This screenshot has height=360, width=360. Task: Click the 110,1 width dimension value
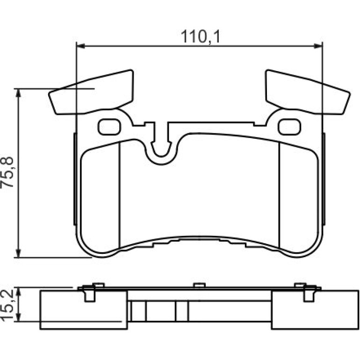pyautogui.click(x=200, y=37)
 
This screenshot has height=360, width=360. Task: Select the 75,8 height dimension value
pyautogui.click(x=7, y=172)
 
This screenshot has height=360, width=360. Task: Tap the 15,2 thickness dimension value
pyautogui.click(x=7, y=305)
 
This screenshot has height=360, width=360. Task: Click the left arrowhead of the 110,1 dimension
pyautogui.click(x=80, y=46)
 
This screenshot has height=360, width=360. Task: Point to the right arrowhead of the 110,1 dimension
pyautogui.click(x=318, y=46)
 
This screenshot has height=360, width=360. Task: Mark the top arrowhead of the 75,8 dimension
pyautogui.click(x=18, y=93)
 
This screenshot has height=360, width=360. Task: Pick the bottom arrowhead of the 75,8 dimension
pyautogui.click(x=18, y=253)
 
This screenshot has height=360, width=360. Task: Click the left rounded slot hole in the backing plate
pyautogui.click(x=109, y=127)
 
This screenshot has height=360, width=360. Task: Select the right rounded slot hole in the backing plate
pyautogui.click(x=289, y=127)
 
